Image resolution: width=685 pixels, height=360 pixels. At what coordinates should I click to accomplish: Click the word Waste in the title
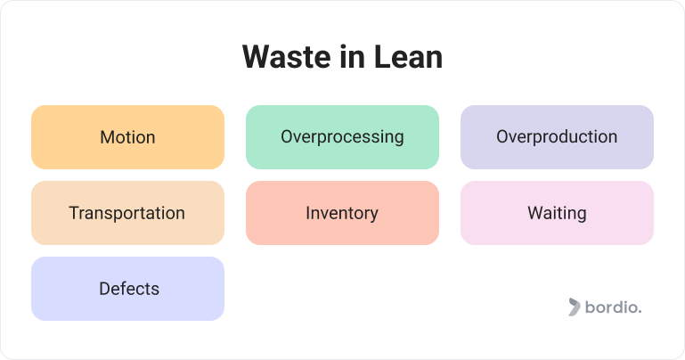286,57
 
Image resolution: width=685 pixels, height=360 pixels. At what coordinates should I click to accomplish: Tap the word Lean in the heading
408,57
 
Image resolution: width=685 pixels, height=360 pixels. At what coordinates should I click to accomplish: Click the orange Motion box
127,137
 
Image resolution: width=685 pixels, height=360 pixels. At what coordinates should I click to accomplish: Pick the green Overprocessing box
342,137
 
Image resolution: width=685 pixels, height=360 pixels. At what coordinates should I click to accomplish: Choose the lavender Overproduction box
557,137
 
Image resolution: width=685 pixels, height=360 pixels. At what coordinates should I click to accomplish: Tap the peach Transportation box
127,213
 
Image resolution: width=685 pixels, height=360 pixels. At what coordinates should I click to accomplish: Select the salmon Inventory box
342,213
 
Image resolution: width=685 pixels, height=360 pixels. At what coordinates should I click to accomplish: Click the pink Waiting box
557,213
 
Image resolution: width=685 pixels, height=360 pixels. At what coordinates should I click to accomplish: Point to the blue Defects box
127,289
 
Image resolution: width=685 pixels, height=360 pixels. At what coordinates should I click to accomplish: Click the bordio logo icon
574,307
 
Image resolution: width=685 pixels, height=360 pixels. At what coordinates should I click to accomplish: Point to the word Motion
127,137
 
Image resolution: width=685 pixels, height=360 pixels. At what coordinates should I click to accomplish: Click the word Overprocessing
342,137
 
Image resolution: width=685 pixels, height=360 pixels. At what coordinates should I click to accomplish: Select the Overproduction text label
557,137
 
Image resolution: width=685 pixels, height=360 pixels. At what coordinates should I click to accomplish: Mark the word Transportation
127,213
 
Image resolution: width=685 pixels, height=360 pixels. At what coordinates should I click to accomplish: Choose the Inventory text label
342,213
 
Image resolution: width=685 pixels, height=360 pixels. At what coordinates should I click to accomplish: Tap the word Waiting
557,213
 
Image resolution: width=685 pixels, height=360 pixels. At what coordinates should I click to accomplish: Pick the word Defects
129,289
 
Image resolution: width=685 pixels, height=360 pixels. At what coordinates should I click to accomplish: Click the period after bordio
640,313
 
